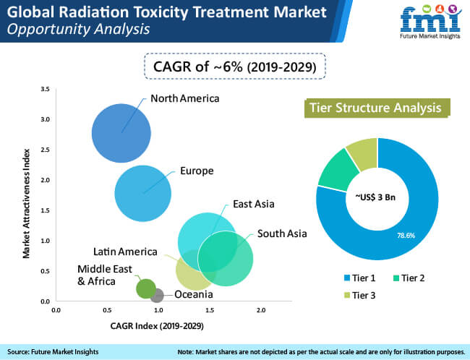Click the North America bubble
click(x=121, y=133)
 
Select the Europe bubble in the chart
click(x=143, y=193)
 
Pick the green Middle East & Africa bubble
click(x=146, y=288)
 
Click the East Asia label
click(x=254, y=204)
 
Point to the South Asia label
click(x=282, y=233)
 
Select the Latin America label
click(x=125, y=252)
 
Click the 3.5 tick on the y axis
click(x=45, y=89)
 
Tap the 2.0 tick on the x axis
click(x=261, y=310)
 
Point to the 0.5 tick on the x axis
click(x=107, y=310)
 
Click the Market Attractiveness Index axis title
click(x=26, y=204)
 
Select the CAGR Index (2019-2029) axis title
click(x=157, y=326)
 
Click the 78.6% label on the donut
click(x=406, y=236)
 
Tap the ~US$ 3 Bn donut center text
click(x=375, y=197)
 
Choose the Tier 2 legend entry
click(x=409, y=278)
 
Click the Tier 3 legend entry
click(x=359, y=295)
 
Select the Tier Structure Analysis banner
click(x=377, y=108)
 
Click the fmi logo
click(x=430, y=21)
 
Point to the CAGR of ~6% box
click(x=235, y=67)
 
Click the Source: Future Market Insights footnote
click(x=53, y=351)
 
